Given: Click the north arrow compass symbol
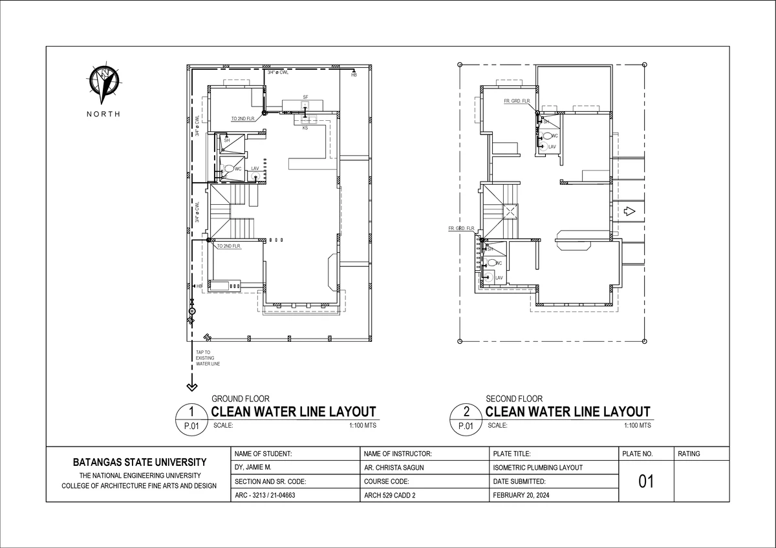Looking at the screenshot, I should [103, 85].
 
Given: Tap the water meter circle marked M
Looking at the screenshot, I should [192, 311].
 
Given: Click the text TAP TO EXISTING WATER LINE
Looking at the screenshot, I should [208, 359].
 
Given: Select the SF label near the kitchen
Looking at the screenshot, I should [305, 97].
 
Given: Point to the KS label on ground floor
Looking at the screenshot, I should [305, 128].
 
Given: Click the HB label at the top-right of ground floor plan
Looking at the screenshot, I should [354, 76].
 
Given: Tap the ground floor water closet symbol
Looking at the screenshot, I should [229, 169].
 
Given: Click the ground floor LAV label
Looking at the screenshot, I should [255, 168].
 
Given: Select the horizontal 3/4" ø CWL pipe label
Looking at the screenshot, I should [278, 73].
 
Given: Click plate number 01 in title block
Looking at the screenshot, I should [646, 481].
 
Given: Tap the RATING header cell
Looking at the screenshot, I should [689, 454].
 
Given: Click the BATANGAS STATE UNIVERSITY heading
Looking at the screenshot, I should [139, 462].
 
